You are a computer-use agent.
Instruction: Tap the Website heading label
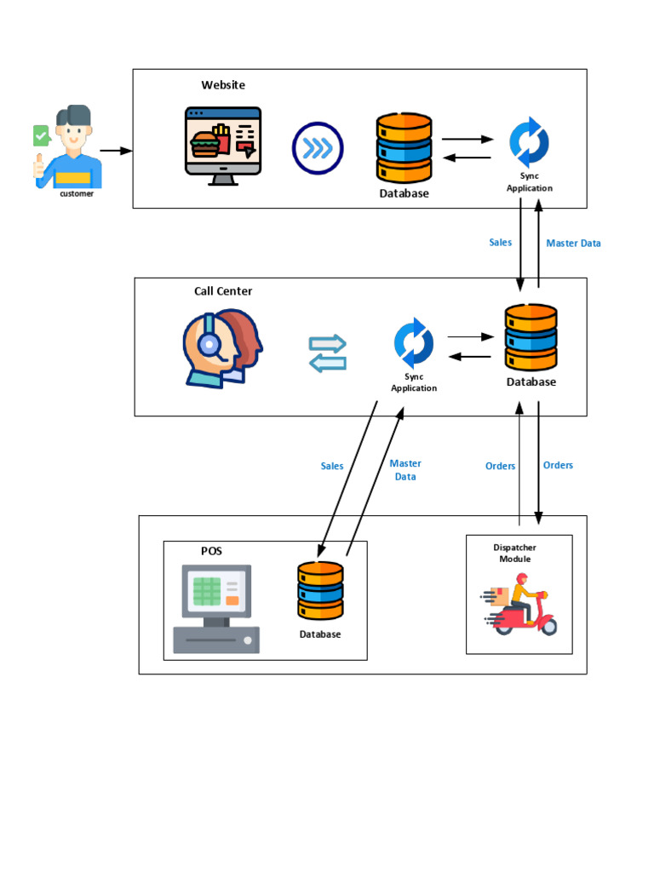point(223,85)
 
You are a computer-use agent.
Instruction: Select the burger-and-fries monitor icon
point(223,145)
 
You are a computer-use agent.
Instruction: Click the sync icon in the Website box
point(529,144)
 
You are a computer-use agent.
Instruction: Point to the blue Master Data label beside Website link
point(573,244)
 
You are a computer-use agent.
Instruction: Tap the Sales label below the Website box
point(501,243)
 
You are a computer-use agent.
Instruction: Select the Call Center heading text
point(223,291)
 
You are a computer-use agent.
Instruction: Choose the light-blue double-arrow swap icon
point(328,353)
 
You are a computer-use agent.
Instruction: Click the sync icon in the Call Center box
point(414,343)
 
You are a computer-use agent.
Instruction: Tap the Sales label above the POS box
point(332,466)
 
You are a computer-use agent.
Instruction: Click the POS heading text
point(212,551)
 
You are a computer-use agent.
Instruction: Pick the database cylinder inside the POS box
point(320,590)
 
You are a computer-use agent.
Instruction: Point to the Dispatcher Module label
point(515,554)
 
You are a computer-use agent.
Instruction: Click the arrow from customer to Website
point(116,151)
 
